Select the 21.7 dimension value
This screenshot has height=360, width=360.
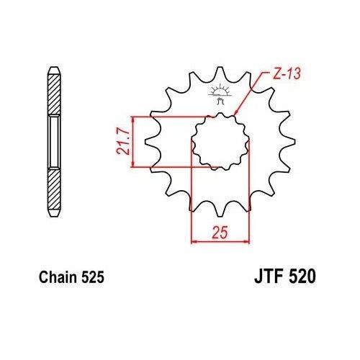pos(124,141)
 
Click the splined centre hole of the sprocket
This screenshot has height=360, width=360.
pos(219,141)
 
